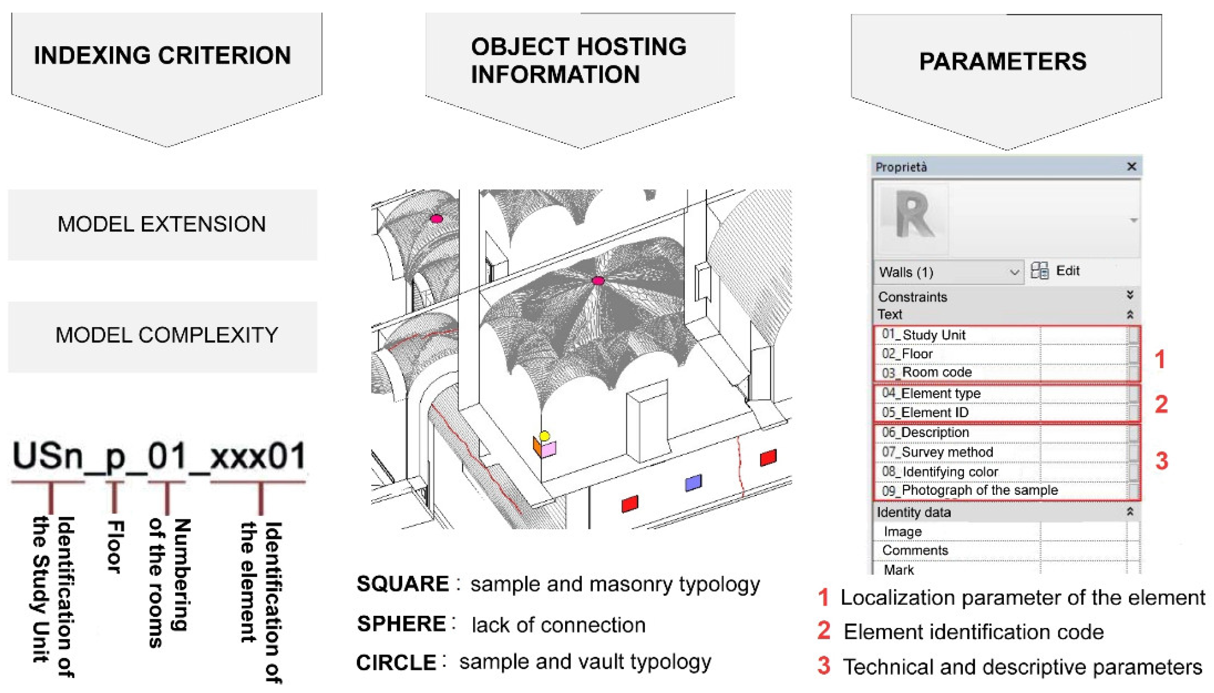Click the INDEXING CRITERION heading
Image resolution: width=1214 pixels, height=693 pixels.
[x=162, y=55]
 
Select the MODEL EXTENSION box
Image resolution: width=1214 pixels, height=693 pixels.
[x=162, y=224]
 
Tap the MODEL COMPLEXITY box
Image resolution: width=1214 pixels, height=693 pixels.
[x=166, y=336]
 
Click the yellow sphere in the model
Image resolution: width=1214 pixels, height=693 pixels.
[x=544, y=435]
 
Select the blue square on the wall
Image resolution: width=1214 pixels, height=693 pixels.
[x=693, y=483]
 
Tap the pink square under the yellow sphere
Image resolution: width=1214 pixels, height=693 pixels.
[x=548, y=449]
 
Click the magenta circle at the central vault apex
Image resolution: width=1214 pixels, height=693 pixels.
[x=598, y=280]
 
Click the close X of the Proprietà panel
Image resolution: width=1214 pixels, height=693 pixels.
[x=1131, y=167]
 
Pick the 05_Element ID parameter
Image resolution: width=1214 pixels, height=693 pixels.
[x=925, y=413]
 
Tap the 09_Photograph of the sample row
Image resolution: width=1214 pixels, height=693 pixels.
[x=970, y=490]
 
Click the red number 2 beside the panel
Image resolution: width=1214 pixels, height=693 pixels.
[x=1161, y=404]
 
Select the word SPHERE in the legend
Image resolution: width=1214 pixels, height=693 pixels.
[x=402, y=624]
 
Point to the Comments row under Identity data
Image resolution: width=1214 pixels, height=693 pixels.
[x=915, y=550]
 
